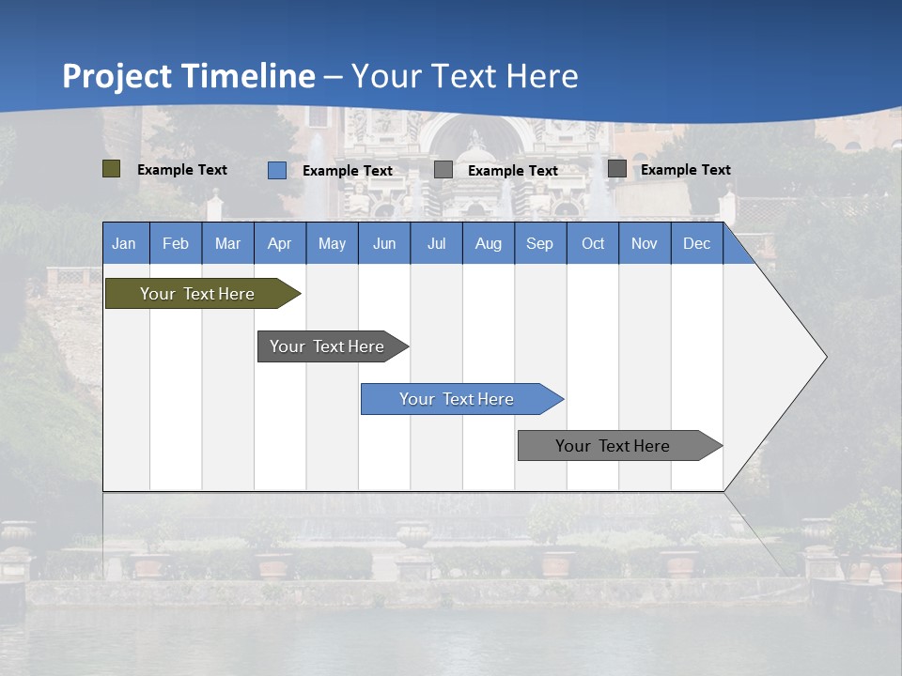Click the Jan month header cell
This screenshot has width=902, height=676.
(x=125, y=243)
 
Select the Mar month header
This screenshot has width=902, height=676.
(x=227, y=243)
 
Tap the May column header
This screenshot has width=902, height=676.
(x=332, y=243)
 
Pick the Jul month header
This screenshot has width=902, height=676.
(x=436, y=243)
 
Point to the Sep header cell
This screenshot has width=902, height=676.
(x=539, y=243)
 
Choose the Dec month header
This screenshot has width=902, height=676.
(x=696, y=243)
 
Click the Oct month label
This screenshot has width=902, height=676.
(x=593, y=243)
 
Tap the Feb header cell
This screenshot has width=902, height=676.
(x=176, y=243)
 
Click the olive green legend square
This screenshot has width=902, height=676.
(x=112, y=169)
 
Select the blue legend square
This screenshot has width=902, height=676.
(x=277, y=170)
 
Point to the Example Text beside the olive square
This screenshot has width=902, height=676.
(x=182, y=170)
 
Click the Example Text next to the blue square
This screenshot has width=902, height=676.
(x=348, y=171)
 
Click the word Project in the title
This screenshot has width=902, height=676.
(x=117, y=76)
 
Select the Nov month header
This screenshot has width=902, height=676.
(x=645, y=243)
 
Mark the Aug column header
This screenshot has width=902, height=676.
(x=488, y=243)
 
